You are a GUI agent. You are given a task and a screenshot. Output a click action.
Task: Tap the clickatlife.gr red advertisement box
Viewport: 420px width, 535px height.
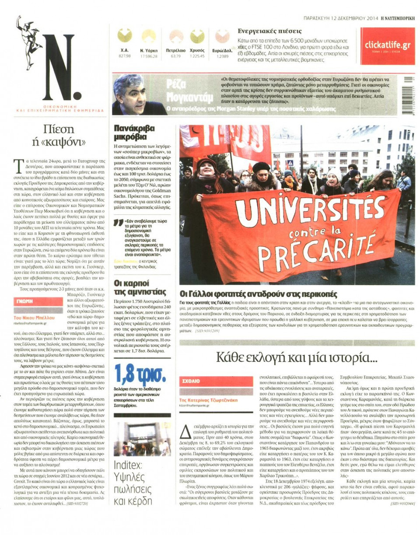pyautogui.click(x=387, y=46)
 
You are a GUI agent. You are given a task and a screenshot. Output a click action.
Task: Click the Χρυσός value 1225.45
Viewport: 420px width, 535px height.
pyautogui.click(x=197, y=56)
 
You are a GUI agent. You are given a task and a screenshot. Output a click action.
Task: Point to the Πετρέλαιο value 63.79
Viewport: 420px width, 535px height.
pyautogui.click(x=176, y=56)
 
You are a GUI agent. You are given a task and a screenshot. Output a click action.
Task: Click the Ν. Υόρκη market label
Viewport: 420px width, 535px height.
pyautogui.click(x=148, y=51)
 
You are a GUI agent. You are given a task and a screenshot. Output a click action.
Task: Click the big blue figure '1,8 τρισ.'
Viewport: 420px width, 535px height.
pyautogui.click(x=140, y=374)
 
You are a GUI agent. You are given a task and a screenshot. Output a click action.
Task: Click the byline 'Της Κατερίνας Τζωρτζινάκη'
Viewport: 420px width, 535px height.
pyautogui.click(x=210, y=400)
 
